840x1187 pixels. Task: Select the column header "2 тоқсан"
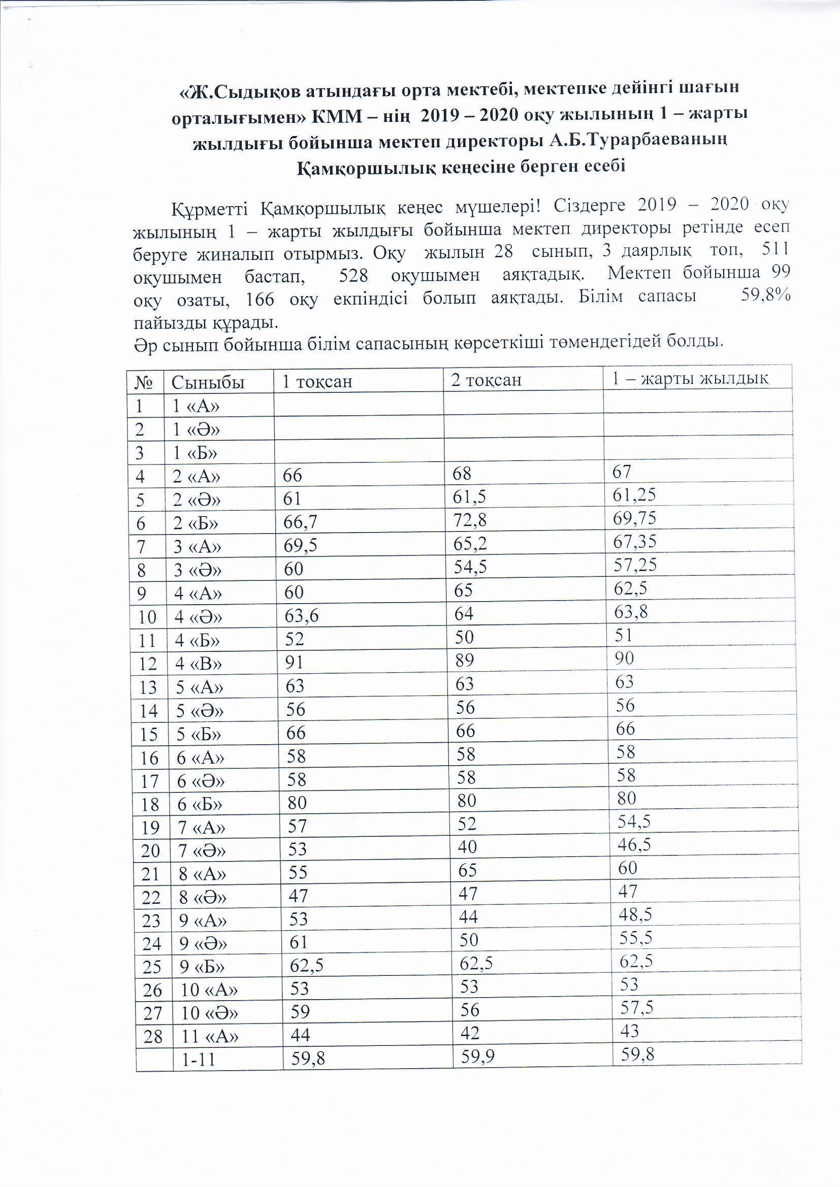[486, 380]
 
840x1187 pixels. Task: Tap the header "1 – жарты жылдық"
[691, 378]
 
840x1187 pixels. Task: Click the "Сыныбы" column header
[207, 383]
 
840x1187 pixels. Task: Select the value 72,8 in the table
[469, 520]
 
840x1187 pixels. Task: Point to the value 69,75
[634, 518]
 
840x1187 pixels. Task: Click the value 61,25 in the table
[634, 495]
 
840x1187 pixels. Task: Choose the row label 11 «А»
[209, 1037]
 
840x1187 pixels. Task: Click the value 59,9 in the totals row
[478, 1058]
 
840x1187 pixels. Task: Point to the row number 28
[153, 1037]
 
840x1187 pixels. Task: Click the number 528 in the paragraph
[353, 276]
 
